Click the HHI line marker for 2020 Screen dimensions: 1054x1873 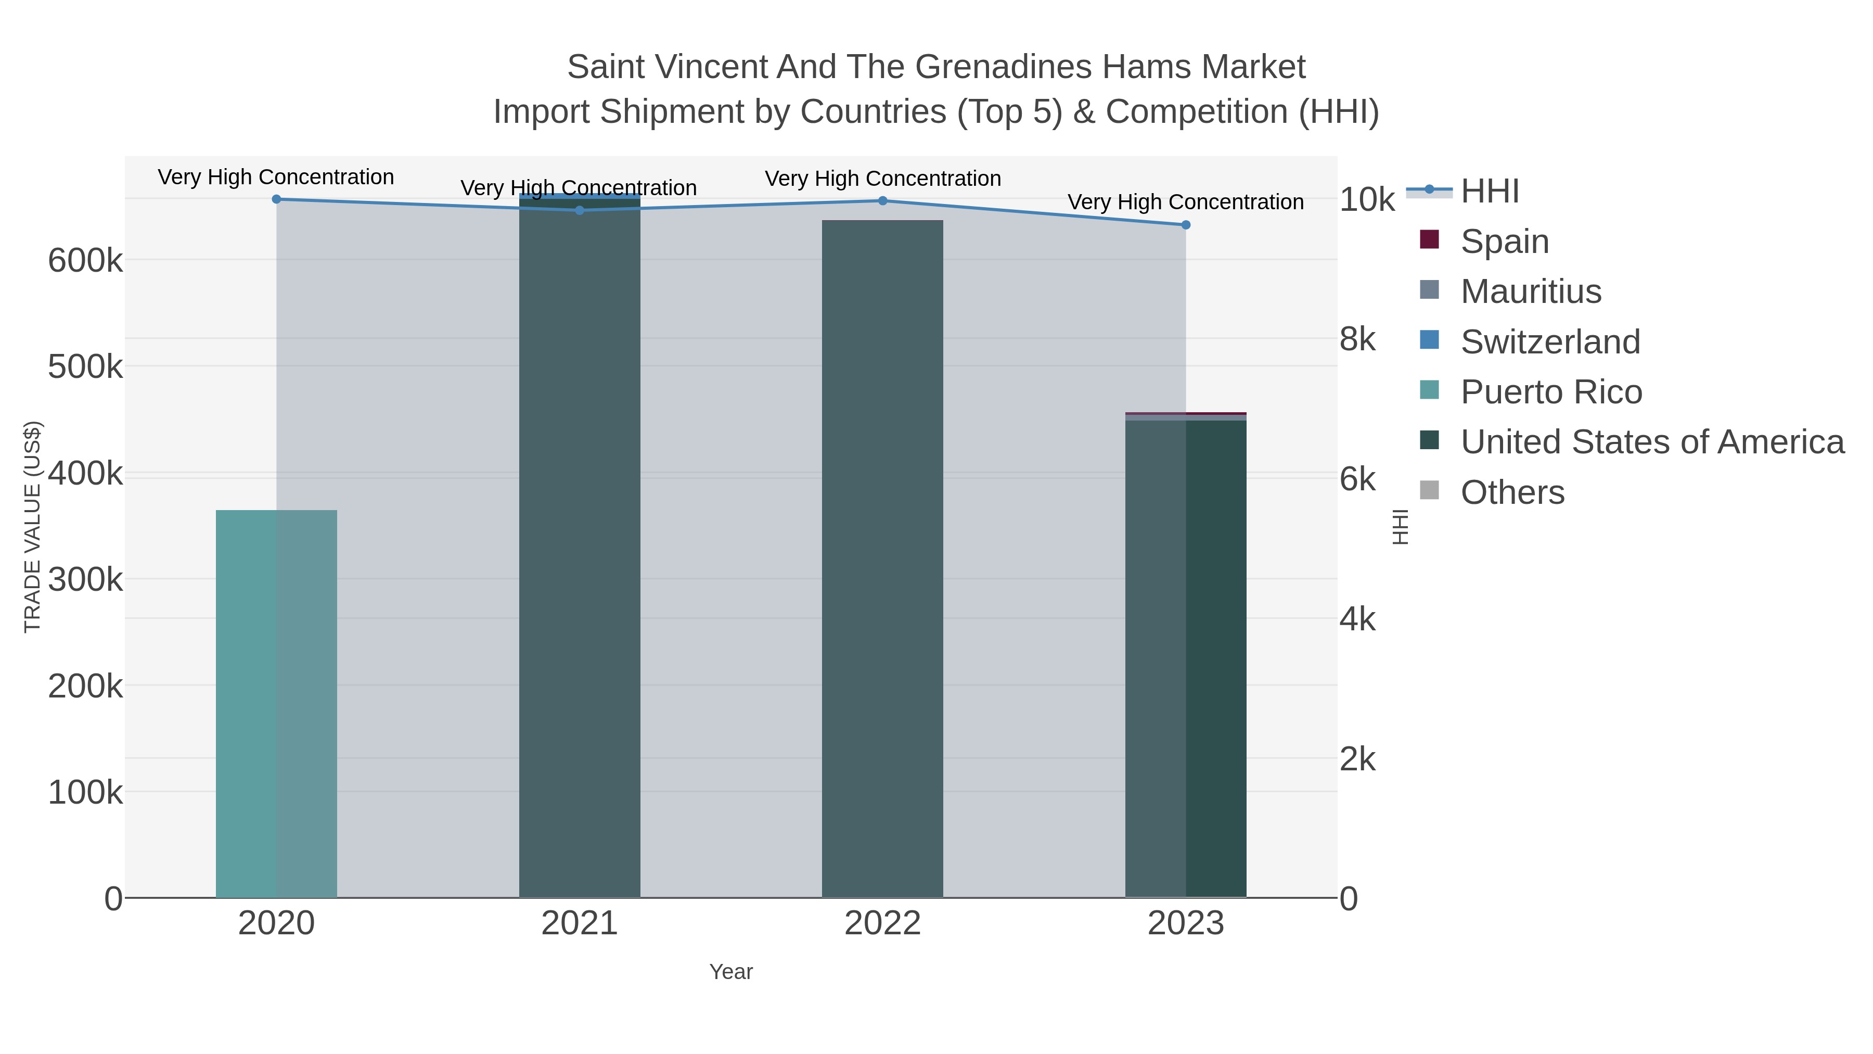[276, 199]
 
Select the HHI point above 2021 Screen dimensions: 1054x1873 [580, 210]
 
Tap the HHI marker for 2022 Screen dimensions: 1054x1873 [883, 201]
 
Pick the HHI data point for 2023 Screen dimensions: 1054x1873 [1186, 225]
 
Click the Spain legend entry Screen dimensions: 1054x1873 [1504, 242]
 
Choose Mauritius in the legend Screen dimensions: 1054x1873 [1531, 291]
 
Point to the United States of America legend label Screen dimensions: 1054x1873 [1652, 442]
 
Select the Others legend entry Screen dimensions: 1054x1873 [1512, 492]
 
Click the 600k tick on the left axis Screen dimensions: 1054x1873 [85, 260]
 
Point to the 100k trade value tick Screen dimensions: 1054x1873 [85, 792]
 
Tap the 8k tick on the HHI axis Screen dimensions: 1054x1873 [1357, 340]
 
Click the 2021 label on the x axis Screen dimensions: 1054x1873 [580, 924]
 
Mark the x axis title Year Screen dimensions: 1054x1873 [731, 972]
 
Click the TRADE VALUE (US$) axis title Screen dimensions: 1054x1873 [33, 527]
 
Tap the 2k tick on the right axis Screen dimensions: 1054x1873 [1357, 759]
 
